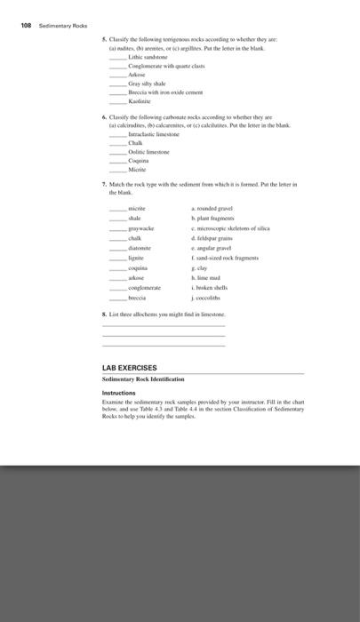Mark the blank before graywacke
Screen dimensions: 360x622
(118, 227)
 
